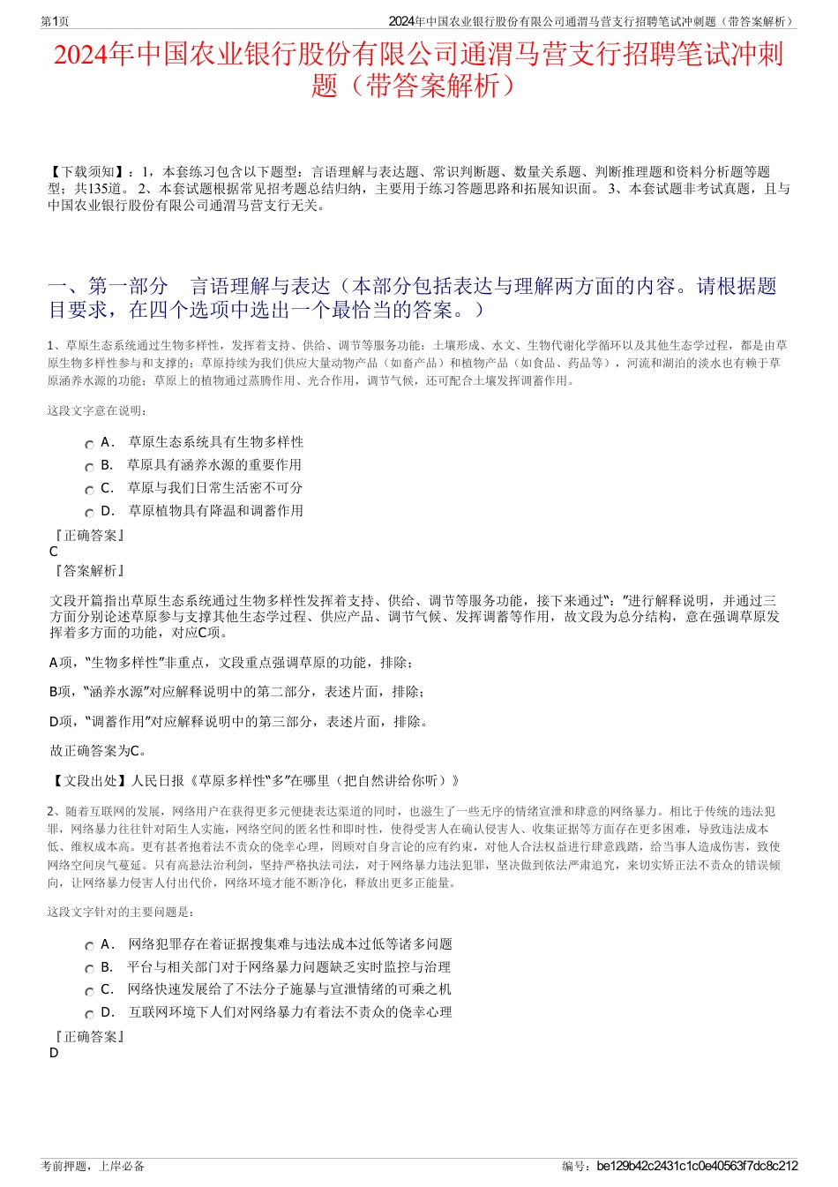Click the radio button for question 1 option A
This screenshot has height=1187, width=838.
[89, 445]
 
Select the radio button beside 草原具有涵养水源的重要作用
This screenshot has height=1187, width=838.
[89, 468]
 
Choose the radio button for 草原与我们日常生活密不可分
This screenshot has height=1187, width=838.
[89, 491]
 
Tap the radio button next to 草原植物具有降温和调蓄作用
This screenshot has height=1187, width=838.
[89, 514]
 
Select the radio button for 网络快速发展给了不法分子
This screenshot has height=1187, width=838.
[89, 992]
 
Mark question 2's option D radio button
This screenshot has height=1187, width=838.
[89, 1015]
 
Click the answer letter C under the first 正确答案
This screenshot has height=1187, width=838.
[54, 552]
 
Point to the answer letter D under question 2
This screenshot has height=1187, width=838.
[54, 1053]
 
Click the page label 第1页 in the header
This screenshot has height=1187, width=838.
[55, 21]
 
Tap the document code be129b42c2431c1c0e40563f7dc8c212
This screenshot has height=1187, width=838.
[697, 1166]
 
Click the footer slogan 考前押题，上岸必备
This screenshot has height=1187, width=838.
[93, 1166]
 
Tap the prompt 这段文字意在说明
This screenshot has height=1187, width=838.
[97, 410]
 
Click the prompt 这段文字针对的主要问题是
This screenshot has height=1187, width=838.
[121, 912]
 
